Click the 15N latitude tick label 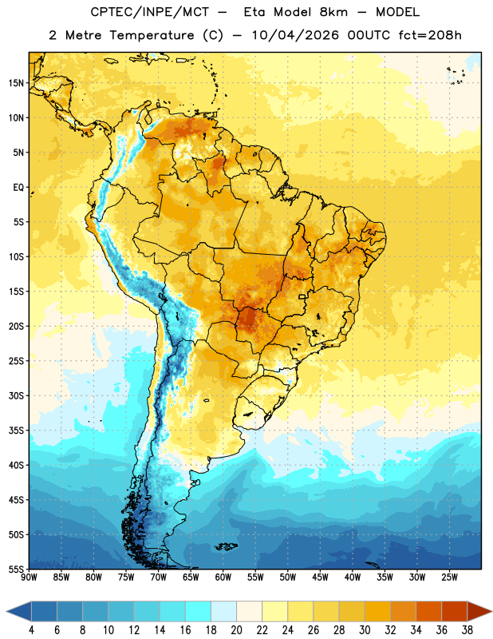point(15,83)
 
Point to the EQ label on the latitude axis point(18,188)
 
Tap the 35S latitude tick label point(16,431)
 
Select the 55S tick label point(16,569)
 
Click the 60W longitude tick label point(223,577)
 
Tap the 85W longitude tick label point(61,577)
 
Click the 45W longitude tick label point(320,577)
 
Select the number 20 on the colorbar point(236,630)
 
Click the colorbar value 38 point(467,630)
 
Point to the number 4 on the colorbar point(31,630)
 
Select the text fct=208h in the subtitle point(430,35)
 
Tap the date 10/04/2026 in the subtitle point(295,35)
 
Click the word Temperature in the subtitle point(152,35)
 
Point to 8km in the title point(333,12)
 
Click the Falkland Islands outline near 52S point(226,546)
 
